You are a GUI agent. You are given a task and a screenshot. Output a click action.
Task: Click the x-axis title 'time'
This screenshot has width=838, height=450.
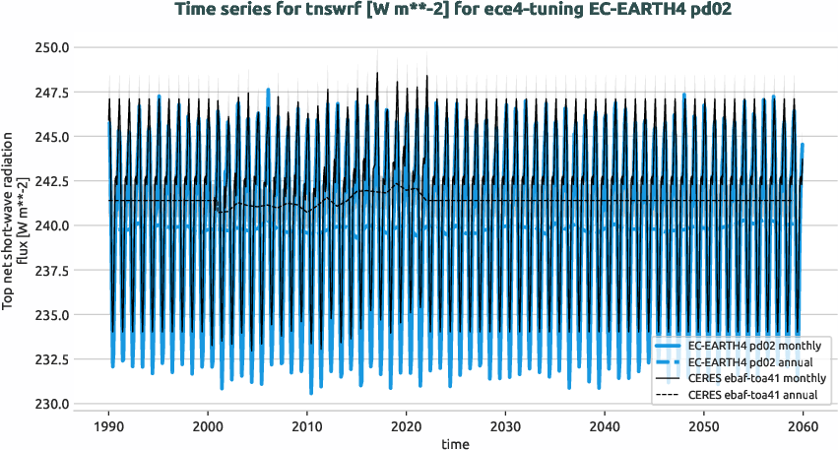pyautogui.click(x=455, y=444)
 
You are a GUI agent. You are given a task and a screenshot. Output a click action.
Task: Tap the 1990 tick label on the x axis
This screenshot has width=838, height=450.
pyautogui.click(x=108, y=426)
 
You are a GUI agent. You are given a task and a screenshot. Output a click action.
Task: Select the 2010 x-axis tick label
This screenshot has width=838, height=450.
pyautogui.click(x=306, y=426)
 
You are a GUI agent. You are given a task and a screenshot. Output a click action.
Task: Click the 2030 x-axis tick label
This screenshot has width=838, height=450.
pyautogui.click(x=504, y=426)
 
